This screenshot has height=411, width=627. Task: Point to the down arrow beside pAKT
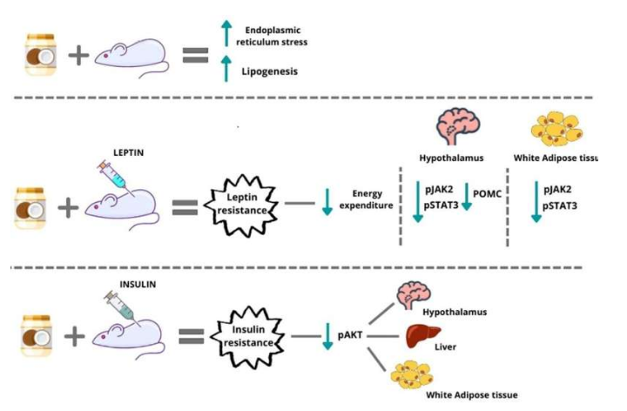(x=327, y=335)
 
